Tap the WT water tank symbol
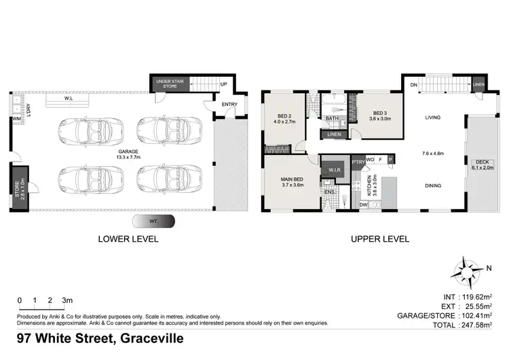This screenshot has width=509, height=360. pos(153,221)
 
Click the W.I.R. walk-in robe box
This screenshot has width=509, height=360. pos(333,169)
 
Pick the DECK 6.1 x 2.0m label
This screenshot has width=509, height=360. pos(481,164)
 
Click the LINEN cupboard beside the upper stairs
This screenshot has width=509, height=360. pos(479,84)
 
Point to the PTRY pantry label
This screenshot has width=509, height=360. pos(358,162)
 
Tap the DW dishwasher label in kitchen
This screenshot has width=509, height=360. pos(363,204)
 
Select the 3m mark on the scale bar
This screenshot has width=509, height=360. pos(67,300)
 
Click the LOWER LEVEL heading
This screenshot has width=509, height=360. pos(128,239)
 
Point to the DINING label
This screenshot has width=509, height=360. pos(433,185)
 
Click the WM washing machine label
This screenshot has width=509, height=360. pos(15,120)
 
